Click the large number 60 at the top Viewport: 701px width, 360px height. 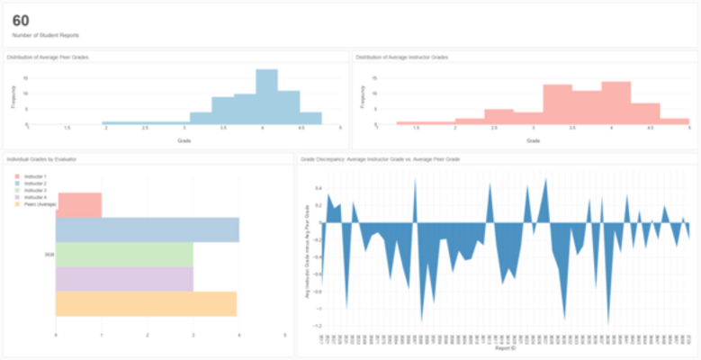tap(21, 19)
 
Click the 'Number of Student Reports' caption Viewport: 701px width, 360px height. tap(45, 35)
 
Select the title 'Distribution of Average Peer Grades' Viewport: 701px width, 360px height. tap(53, 57)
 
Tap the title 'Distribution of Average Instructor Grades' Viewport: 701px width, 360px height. tap(401, 57)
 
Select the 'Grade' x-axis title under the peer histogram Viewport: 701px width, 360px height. tap(184, 140)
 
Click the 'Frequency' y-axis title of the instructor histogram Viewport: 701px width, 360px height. tap(362, 97)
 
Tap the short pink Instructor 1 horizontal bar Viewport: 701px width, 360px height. tap(79, 205)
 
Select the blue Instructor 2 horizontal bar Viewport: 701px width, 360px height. tap(148, 230)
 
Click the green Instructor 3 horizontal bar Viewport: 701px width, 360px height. tap(124, 255)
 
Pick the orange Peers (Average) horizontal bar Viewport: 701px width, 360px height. tap(147, 303)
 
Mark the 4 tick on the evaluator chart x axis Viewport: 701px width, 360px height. tap(239, 335)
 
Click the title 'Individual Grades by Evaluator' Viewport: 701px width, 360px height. tap(41, 158)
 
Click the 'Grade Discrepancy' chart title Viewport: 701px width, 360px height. tap(381, 158)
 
